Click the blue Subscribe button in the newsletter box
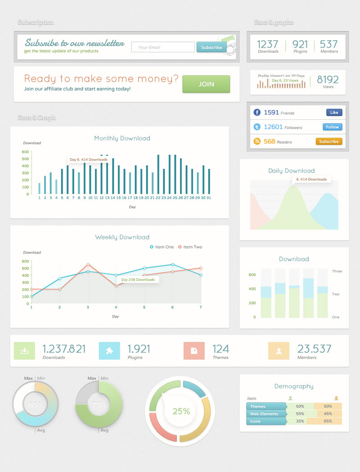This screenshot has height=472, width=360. point(211,47)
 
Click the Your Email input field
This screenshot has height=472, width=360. point(163,47)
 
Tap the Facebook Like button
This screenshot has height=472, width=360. point(334,113)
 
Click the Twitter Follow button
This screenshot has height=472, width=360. point(333,127)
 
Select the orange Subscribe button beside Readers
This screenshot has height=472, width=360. point(329,141)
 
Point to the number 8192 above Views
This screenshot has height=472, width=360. point(328,80)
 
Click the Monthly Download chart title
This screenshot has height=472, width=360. point(122,138)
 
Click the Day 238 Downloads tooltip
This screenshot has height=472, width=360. point(138,280)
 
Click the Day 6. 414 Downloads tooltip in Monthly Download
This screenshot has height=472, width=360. point(88,159)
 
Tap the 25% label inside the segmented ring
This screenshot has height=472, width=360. point(181,411)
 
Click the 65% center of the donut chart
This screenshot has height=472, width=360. point(36,404)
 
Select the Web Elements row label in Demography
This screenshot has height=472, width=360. point(265,413)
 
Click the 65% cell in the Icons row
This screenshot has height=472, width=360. point(328,421)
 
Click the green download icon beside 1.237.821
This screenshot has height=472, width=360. point(24,351)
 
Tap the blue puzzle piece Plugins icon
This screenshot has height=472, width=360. point(109,351)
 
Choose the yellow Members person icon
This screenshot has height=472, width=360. point(279,351)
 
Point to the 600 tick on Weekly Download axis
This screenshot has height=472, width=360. point(25,261)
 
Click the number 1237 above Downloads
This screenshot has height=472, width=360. point(268,44)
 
